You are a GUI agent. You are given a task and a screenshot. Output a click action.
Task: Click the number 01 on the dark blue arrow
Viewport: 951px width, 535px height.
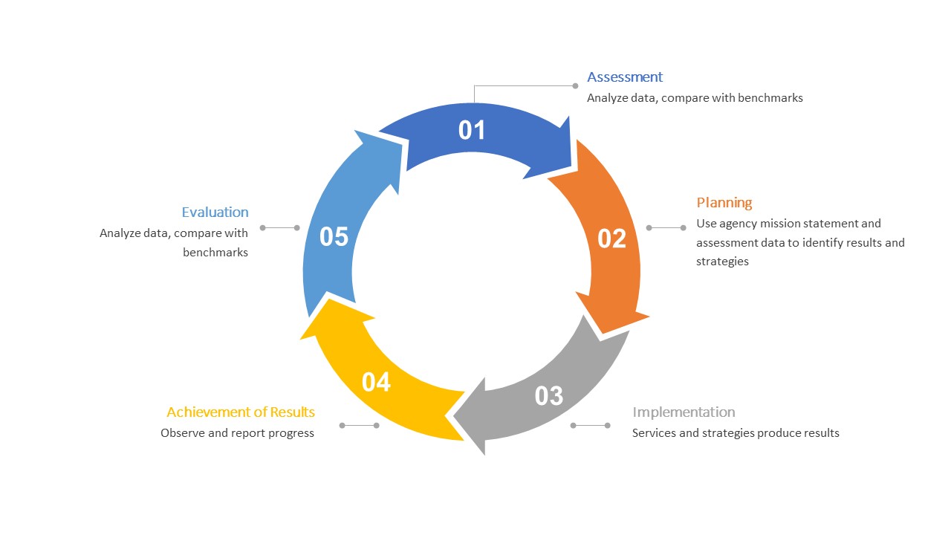pyautogui.click(x=472, y=130)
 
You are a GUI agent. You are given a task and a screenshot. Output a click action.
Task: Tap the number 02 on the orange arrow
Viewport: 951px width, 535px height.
pyautogui.click(x=612, y=239)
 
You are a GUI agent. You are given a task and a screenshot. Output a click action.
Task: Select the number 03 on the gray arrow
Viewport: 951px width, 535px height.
pyautogui.click(x=549, y=396)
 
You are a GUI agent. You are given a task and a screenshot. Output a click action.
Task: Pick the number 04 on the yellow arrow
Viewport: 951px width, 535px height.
pyautogui.click(x=377, y=382)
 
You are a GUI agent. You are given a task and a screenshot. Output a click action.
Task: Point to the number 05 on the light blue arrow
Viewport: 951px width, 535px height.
pyautogui.click(x=334, y=237)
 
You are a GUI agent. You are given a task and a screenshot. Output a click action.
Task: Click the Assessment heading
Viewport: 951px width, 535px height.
pyautogui.click(x=625, y=77)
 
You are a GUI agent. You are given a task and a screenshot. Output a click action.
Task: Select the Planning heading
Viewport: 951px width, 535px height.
pyautogui.click(x=724, y=202)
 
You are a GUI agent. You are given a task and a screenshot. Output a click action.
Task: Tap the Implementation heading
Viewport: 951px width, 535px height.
pyautogui.click(x=684, y=412)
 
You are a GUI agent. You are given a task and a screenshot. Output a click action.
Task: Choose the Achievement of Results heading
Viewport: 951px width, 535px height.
pyautogui.click(x=241, y=412)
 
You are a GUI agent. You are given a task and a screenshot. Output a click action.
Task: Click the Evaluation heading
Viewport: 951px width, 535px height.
pyautogui.click(x=215, y=213)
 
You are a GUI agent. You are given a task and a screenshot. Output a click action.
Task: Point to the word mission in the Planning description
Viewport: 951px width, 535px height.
pyautogui.click(x=780, y=223)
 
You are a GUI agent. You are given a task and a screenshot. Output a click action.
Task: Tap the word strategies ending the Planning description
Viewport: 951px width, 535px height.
pyautogui.click(x=722, y=262)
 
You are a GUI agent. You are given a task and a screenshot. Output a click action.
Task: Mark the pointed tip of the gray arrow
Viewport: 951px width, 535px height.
pyautogui.click(x=455, y=416)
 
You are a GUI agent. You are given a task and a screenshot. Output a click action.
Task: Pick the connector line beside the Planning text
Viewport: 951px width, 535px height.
pyautogui.click(x=666, y=228)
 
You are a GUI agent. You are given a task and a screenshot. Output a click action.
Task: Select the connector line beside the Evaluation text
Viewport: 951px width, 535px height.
pyautogui.click(x=279, y=228)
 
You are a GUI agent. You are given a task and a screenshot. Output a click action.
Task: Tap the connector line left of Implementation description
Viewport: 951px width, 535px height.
pyautogui.click(x=590, y=426)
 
